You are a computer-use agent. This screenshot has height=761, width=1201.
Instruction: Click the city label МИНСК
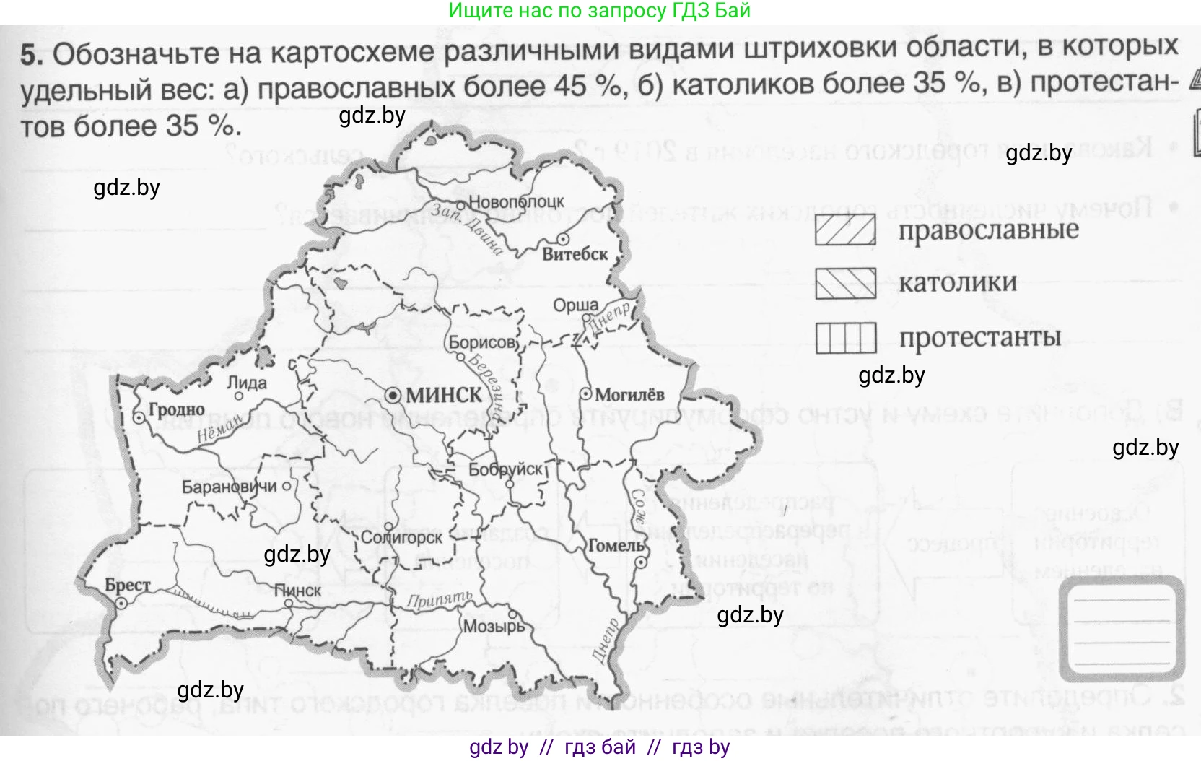coord(444,396)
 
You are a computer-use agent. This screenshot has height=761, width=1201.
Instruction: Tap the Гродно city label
coord(176,410)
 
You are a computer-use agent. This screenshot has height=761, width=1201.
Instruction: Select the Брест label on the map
coord(128,585)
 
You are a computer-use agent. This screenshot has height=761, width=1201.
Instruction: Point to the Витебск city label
coord(575,254)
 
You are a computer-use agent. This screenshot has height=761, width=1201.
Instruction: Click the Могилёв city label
coord(630,395)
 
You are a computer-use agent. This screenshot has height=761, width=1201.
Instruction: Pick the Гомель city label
coord(616,546)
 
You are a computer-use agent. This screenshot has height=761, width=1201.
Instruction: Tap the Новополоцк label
coord(516,202)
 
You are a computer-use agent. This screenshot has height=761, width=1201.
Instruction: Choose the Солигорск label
coord(401,538)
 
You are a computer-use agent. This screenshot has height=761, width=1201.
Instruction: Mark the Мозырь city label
coord(494,626)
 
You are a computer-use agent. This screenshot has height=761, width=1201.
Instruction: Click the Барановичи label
coord(229,487)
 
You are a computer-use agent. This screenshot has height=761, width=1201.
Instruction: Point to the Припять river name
coord(439,599)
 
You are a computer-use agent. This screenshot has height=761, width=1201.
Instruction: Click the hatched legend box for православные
coord(845,230)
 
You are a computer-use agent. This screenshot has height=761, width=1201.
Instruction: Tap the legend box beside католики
coord(845,283)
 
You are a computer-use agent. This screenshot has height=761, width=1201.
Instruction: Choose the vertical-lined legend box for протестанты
coord(846,337)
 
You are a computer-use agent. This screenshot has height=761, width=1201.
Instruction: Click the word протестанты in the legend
coord(980,337)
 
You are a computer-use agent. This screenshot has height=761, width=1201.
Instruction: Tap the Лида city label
coord(247,383)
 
